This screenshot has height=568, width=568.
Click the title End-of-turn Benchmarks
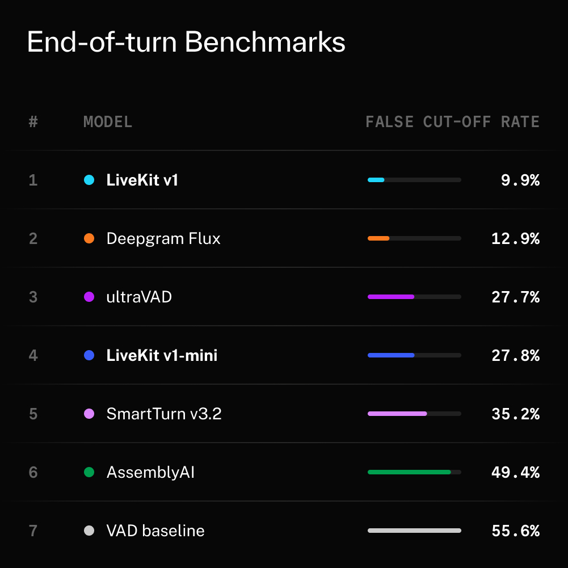(x=186, y=42)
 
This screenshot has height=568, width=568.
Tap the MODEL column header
(x=108, y=121)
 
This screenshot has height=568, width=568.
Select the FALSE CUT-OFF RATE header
(x=452, y=121)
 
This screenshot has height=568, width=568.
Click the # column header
(x=33, y=121)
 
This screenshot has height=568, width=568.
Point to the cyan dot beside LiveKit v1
(x=89, y=180)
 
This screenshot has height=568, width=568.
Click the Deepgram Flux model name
(x=163, y=239)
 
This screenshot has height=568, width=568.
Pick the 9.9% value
(x=520, y=180)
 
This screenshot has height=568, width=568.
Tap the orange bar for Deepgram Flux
(x=378, y=238)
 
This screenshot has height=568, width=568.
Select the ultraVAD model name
(x=139, y=297)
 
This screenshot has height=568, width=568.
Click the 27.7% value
(x=515, y=297)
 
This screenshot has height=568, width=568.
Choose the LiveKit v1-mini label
(x=162, y=355)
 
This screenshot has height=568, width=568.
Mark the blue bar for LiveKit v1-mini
(x=391, y=355)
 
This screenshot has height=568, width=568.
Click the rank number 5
(x=33, y=414)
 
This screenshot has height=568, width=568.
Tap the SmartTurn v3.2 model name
(x=164, y=414)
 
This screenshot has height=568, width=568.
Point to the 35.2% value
(x=515, y=414)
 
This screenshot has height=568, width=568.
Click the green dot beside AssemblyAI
(x=89, y=472)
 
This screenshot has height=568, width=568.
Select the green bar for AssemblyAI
(x=409, y=472)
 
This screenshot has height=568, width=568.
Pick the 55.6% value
(x=515, y=531)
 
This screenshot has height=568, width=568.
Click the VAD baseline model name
(x=155, y=531)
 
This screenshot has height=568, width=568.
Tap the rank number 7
(x=33, y=531)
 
